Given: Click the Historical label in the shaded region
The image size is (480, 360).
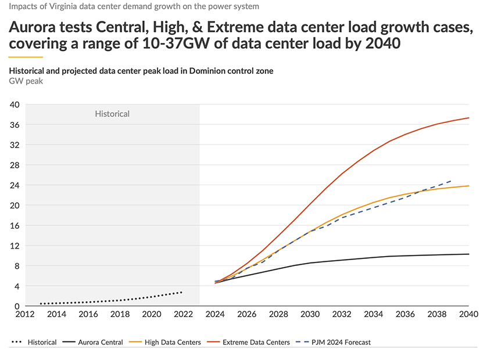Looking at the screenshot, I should pos(112,114).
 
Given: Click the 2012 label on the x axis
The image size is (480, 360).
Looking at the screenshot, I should pos(24,315).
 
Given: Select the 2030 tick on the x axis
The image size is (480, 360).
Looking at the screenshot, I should pos(310,315).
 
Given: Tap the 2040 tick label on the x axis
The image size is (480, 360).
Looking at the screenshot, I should pos(468,315).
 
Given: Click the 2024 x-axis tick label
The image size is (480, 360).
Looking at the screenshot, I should pos(215,315).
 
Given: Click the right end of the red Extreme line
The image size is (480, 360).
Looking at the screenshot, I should pos(469,118).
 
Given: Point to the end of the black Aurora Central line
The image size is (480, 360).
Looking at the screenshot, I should pos(469,254).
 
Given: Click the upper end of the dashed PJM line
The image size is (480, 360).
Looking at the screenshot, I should pos(453,180).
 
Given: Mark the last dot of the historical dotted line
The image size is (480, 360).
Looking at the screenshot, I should pos(182,292).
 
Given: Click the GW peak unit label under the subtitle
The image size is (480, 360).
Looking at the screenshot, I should pos(26,81).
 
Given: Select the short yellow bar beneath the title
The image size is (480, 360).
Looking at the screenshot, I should pos(26,57).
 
